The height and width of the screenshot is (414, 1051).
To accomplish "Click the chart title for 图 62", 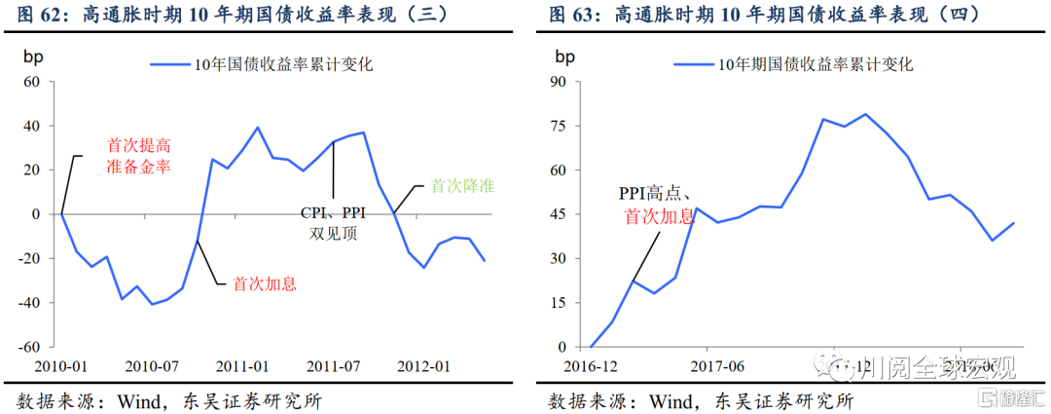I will pos(257,15).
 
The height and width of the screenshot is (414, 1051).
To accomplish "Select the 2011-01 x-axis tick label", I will pos(243,366).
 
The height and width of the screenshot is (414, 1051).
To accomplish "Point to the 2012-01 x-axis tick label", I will pos(421,366).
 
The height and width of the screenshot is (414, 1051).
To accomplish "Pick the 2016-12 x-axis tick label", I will pos(591,366).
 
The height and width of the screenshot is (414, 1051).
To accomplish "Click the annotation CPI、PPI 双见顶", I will pos(334,222).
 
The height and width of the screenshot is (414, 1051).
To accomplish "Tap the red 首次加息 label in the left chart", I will pos(264,284).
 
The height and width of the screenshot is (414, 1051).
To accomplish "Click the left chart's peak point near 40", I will pos(258,127).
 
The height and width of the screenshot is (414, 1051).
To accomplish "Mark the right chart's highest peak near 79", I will pos(865,114).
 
